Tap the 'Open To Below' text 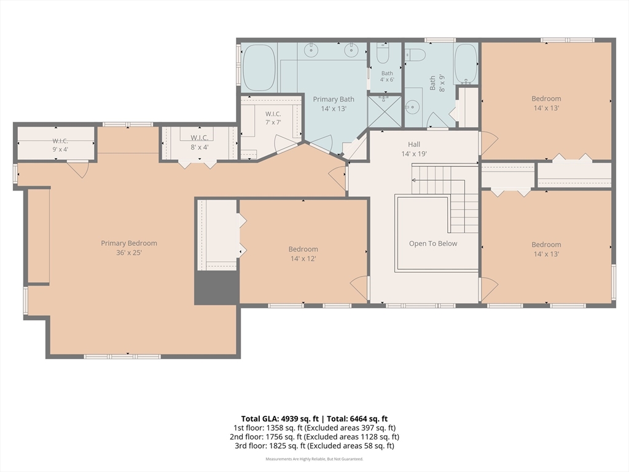pos(433,243)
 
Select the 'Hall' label pos(414,144)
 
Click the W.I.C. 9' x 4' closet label pos(60,145)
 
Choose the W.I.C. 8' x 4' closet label pos(200,143)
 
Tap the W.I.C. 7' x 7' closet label pos(273,118)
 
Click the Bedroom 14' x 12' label pos(303,254)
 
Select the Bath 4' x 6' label pos(387,76)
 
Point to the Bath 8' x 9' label pos(437,83)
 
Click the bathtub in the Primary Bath pos(259,67)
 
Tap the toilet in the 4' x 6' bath pos(383,54)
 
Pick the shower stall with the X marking pos(385,111)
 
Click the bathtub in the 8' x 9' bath pos(466,63)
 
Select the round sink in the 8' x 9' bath pos(412,107)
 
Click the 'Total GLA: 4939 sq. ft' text pos(279,419)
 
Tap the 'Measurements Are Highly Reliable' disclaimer pos(314,458)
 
